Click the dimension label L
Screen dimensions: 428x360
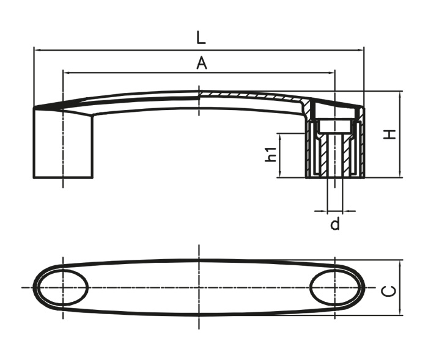(x=201, y=38)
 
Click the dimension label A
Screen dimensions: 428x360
(x=202, y=63)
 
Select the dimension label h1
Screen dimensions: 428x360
(x=271, y=155)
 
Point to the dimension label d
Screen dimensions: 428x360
(x=335, y=224)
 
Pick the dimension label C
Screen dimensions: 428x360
(x=388, y=291)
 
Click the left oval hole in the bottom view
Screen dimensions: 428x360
(x=63, y=288)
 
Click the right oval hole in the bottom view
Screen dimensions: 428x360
(x=334, y=288)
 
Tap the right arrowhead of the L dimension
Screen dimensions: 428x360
(x=360, y=50)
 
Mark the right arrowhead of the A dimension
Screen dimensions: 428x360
(x=331, y=73)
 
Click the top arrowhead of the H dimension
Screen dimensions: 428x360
(x=400, y=95)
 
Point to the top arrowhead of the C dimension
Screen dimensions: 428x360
(x=400, y=264)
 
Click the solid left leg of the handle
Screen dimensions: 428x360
(x=63, y=142)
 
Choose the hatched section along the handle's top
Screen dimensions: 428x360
(x=254, y=96)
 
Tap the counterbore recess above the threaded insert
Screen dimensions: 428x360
(x=334, y=126)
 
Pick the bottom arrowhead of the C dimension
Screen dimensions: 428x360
(x=400, y=312)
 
